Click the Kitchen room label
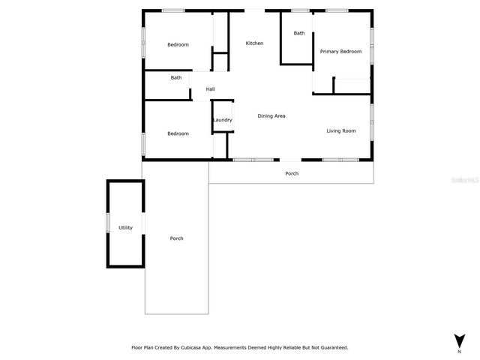(254, 43)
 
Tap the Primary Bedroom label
(340, 52)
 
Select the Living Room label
(340, 131)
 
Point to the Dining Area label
(271, 116)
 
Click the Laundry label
(222, 120)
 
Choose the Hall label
(210, 90)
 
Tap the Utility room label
(125, 227)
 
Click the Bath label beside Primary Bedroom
(299, 33)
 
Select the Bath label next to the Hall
(175, 78)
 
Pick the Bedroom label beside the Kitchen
(178, 45)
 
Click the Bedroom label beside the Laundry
(178, 133)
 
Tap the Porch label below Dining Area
(292, 174)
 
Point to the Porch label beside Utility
(176, 238)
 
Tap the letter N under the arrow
(459, 351)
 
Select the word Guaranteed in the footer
(330, 348)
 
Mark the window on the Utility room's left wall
(108, 223)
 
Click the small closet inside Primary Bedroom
(351, 85)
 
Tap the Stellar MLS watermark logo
(463, 181)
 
